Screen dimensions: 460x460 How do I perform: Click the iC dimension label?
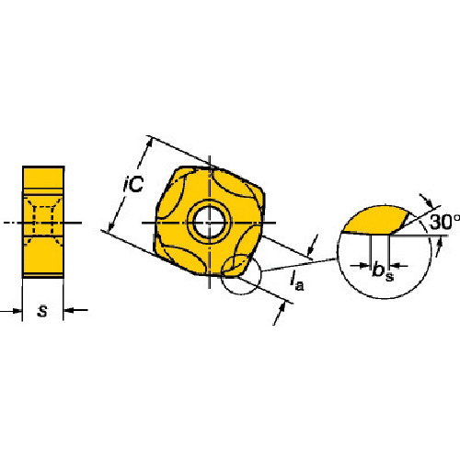click(x=133, y=184)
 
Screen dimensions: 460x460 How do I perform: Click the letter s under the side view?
click(x=42, y=311)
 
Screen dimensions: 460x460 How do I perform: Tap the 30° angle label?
click(x=444, y=222)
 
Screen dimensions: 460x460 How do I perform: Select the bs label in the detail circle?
click(x=383, y=271)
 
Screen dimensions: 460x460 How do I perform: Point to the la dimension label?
click(x=297, y=281)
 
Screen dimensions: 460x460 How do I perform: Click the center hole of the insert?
click(x=210, y=223)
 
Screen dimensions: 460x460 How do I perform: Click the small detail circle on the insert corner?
click(x=241, y=274)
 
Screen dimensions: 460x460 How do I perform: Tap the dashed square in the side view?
click(x=43, y=221)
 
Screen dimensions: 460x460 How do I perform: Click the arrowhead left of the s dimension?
click(x=17, y=311)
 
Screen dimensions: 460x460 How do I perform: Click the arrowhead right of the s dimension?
click(x=68, y=310)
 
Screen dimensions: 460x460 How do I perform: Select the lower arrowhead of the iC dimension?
click(x=111, y=224)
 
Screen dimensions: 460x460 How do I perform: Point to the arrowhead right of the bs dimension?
click(x=395, y=266)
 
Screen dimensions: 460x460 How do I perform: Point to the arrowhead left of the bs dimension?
click(x=364, y=266)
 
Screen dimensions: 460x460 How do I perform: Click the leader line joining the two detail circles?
click(x=299, y=265)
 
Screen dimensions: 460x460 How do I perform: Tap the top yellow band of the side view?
click(x=43, y=178)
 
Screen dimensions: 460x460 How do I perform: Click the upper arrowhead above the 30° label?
click(x=428, y=202)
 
